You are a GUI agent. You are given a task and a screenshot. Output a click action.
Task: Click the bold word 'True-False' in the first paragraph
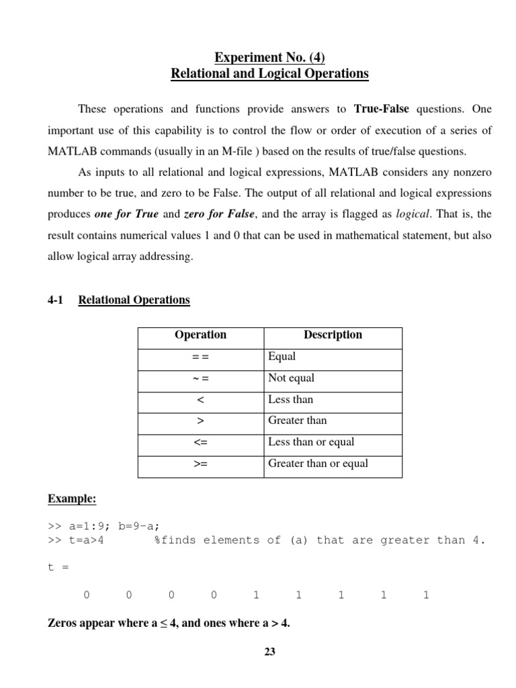pos(382,109)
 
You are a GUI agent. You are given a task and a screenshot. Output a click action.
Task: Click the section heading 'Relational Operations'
pos(134,300)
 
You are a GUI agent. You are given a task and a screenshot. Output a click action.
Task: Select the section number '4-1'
pos(55,300)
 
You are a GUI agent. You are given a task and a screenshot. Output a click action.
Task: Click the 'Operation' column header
pos(200,335)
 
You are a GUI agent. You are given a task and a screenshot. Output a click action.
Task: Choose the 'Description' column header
pos(333,335)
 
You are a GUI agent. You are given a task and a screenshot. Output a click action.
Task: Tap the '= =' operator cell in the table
pos(200,356)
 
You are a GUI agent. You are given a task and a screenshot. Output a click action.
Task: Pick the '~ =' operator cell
pos(200,378)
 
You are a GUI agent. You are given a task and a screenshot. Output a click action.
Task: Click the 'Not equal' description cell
pos(291,378)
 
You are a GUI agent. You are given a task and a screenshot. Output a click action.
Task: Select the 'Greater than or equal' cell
pos(318,464)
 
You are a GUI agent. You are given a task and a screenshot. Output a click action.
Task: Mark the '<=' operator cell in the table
pos(200,442)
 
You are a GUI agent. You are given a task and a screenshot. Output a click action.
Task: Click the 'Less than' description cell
pos(290,399)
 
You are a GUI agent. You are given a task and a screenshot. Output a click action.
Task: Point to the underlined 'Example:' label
pos(72,499)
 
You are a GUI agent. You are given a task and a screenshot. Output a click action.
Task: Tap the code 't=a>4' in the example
pos(84,540)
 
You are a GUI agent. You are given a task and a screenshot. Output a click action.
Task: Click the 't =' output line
pos(58,567)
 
